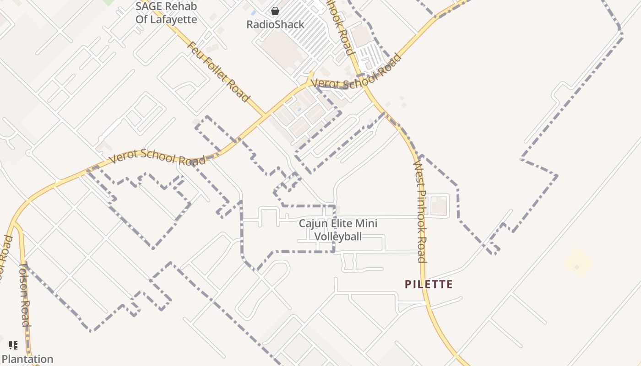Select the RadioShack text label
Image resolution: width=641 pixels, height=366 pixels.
tap(275, 25)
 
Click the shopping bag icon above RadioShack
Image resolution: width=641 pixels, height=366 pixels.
tap(275, 11)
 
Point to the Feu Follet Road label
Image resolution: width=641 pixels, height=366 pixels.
tap(219, 72)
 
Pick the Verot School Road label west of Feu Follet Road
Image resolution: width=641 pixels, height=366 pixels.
tap(157, 157)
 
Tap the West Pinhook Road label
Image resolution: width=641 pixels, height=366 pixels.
tap(420, 211)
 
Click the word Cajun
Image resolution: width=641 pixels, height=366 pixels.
tap(312, 224)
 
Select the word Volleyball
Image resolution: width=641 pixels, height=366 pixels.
tap(338, 237)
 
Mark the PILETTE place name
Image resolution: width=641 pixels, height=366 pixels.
tap(429, 285)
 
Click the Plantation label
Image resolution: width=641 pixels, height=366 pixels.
tap(27, 359)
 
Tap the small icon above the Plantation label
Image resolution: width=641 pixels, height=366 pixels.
tap(13, 345)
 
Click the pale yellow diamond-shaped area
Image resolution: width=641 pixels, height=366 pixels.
tap(579, 262)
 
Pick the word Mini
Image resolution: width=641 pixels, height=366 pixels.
tap(369, 224)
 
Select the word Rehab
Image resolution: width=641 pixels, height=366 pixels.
tap(182, 6)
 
